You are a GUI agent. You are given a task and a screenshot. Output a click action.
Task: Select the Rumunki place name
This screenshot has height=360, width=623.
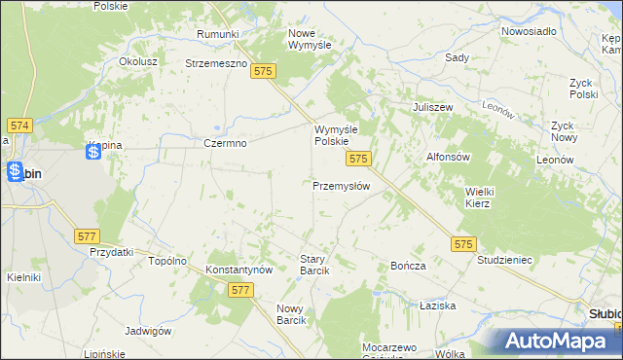(x=217, y=34)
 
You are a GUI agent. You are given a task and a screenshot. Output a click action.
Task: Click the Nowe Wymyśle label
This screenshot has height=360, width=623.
(x=310, y=39)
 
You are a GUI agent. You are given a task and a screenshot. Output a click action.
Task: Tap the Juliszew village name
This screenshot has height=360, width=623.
(x=434, y=107)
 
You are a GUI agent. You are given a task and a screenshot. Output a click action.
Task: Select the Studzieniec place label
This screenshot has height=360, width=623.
(x=503, y=261)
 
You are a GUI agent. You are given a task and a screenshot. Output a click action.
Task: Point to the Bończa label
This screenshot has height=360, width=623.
(x=408, y=266)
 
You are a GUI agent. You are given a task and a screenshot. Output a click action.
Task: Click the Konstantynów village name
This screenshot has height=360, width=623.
(x=238, y=269)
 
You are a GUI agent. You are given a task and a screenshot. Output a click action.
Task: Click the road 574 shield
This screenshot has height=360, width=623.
(x=19, y=126)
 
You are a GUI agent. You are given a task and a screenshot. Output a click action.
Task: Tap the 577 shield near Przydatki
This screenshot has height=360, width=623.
(x=88, y=235)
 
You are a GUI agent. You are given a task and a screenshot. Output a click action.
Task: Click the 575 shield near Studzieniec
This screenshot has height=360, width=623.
(x=463, y=245)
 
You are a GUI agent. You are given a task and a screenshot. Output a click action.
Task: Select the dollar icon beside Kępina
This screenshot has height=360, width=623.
(x=94, y=151)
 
